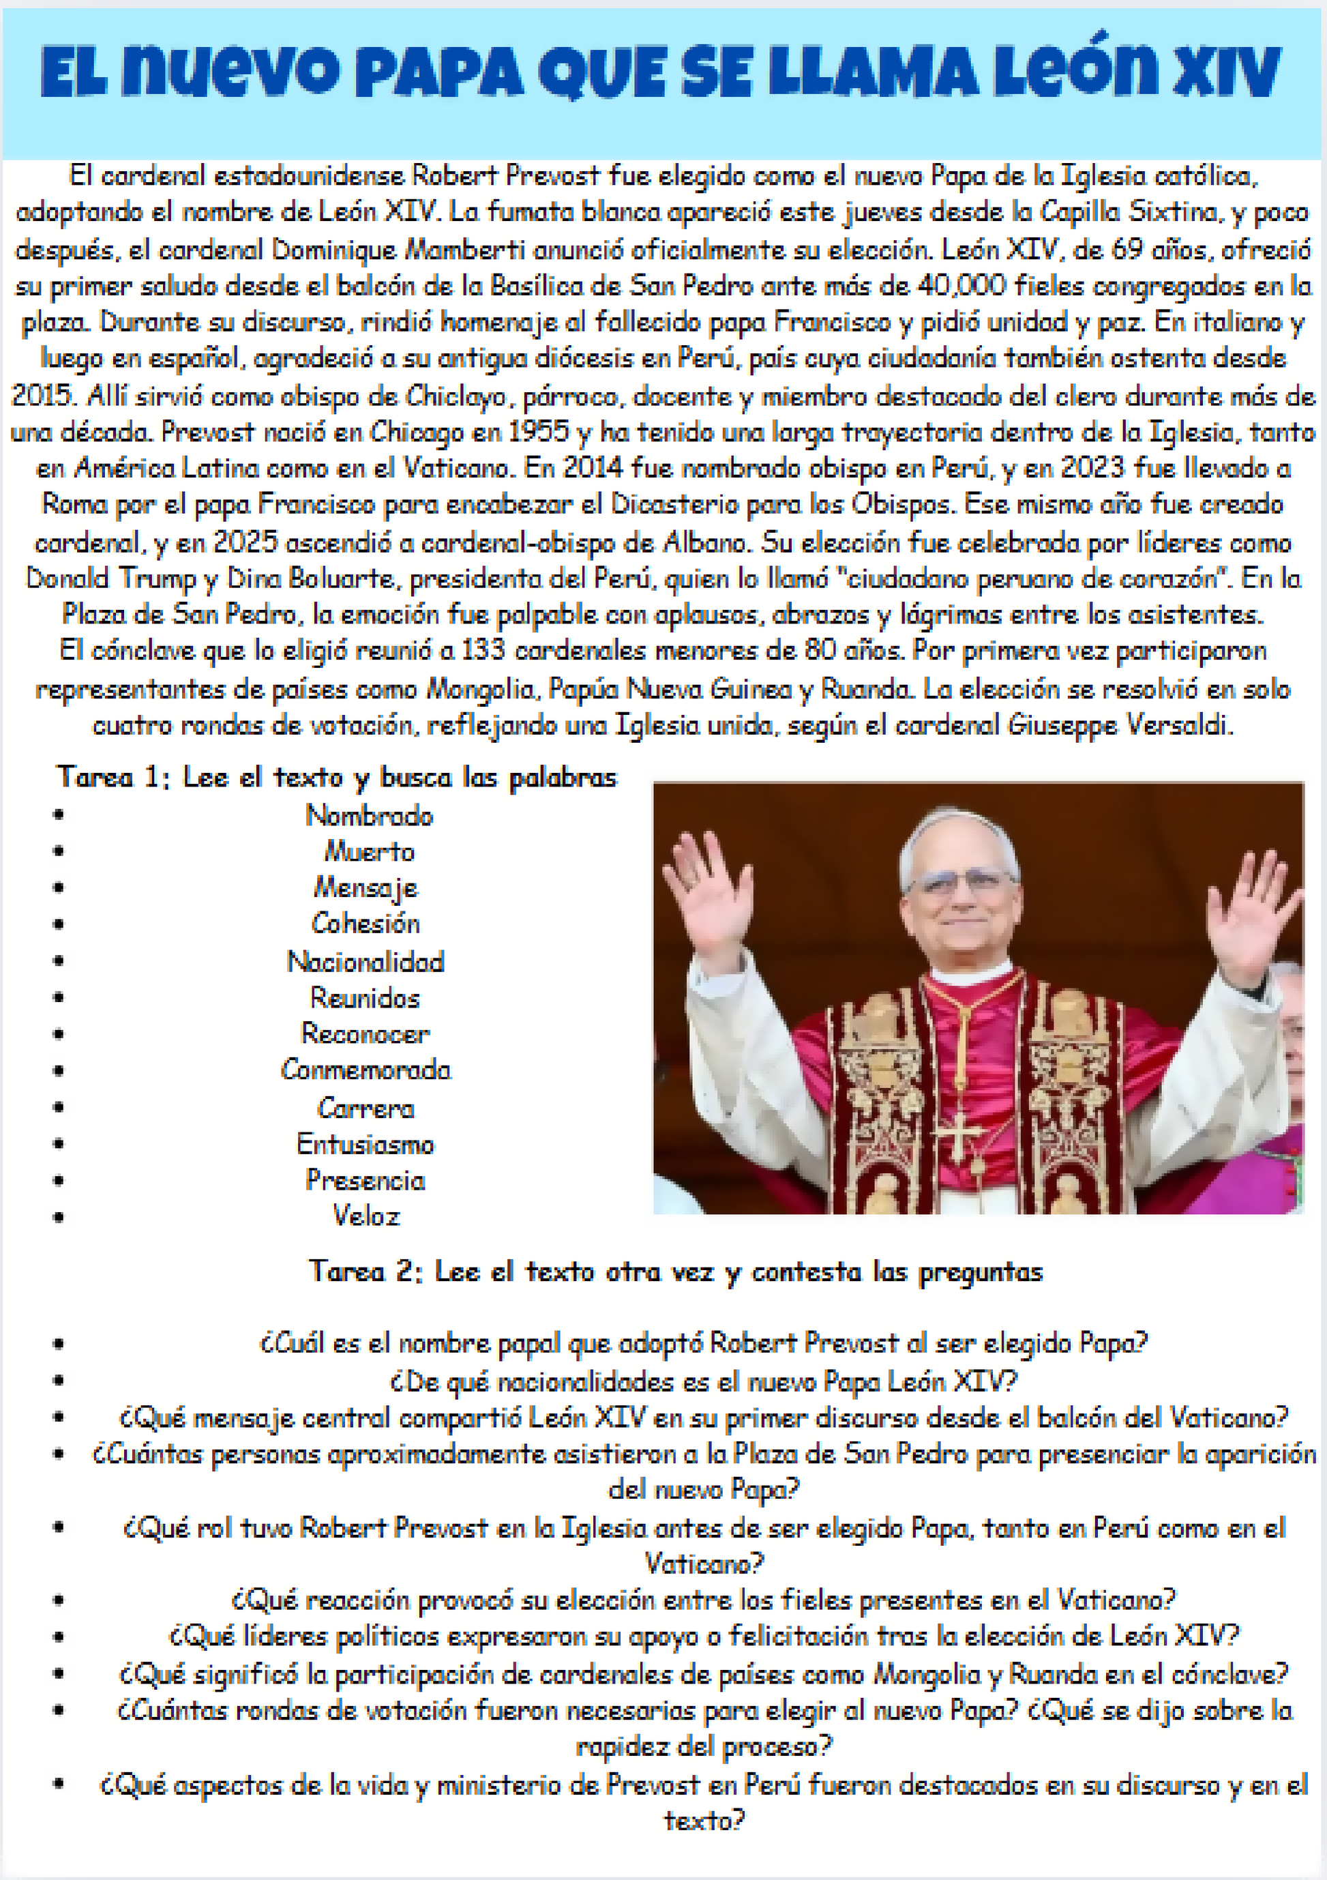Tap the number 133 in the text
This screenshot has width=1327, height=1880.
pyautogui.click(x=483, y=650)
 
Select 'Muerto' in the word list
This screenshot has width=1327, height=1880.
pyautogui.click(x=369, y=851)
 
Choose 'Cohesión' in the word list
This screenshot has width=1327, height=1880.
pyautogui.click(x=366, y=924)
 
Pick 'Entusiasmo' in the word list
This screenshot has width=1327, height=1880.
pyautogui.click(x=365, y=1144)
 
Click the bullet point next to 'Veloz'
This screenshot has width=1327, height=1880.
pyautogui.click(x=58, y=1217)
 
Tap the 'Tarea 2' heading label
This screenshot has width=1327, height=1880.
pyautogui.click(x=364, y=1272)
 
